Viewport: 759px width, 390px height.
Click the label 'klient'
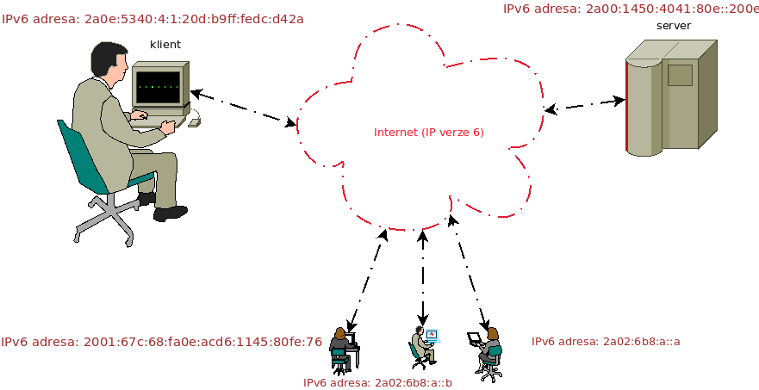(x=165, y=44)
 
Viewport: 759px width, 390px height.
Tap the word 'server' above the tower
(x=673, y=26)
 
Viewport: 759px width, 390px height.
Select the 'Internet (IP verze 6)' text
(x=429, y=133)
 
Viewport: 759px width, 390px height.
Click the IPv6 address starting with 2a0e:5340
(x=152, y=18)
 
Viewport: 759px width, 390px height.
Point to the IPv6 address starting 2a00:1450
(x=630, y=9)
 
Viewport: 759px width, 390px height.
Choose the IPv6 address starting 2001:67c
(x=161, y=342)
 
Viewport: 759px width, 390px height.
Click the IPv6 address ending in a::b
(x=377, y=382)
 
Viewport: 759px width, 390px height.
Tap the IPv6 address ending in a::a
(x=606, y=342)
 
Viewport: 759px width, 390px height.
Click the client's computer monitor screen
(x=158, y=87)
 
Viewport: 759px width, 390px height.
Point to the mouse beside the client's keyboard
(x=195, y=122)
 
